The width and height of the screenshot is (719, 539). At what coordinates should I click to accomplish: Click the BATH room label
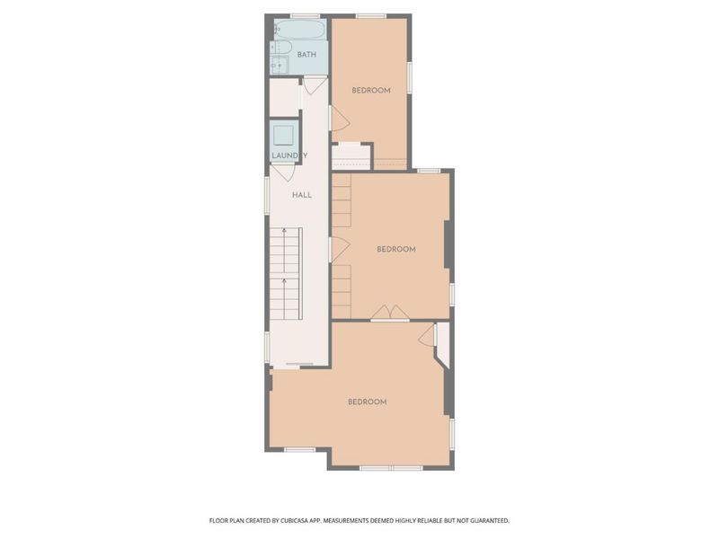tap(306, 55)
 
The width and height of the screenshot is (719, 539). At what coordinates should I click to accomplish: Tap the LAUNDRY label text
tap(289, 155)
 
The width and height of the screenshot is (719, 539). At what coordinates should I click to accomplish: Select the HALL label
tap(301, 194)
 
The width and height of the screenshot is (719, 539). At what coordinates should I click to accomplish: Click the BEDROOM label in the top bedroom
tap(370, 90)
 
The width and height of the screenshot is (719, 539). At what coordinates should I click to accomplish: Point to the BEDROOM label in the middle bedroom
tap(395, 249)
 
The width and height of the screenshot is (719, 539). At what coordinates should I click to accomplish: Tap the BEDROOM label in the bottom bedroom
tap(367, 402)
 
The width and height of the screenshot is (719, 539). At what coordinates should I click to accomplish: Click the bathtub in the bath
tap(300, 30)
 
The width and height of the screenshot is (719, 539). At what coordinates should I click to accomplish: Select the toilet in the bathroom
tap(276, 46)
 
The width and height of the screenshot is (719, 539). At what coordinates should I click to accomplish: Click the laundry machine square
tap(284, 136)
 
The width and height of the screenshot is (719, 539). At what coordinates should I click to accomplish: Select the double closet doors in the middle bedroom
tap(390, 313)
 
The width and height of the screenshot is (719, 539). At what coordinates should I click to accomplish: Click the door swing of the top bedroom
tap(339, 119)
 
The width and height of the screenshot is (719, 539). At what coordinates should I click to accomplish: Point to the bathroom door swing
tap(315, 85)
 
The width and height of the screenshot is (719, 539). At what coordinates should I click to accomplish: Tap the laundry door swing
tap(284, 172)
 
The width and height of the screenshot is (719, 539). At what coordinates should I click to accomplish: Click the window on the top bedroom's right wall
tap(410, 76)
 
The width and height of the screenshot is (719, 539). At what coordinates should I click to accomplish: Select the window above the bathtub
tap(306, 15)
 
